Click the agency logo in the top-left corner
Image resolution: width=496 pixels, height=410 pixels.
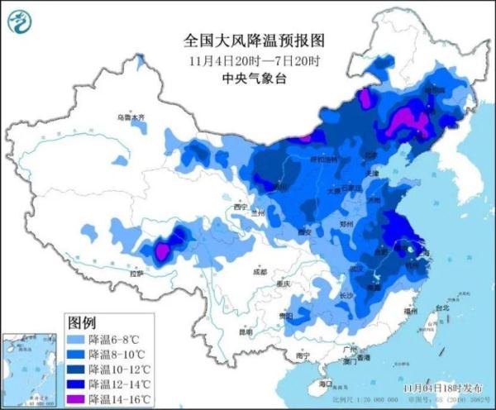(x=22, y=22)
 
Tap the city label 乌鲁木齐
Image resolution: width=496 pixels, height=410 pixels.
(x=130, y=118)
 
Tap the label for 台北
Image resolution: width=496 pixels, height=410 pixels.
(x=441, y=307)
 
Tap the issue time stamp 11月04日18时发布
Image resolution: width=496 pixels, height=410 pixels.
(x=440, y=386)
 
